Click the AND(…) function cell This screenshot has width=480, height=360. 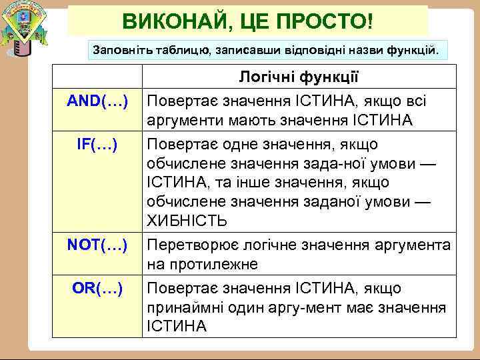(x=98, y=101)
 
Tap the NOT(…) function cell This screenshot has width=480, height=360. (x=98, y=245)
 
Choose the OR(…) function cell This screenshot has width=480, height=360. (x=98, y=289)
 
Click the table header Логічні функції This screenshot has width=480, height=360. (x=299, y=79)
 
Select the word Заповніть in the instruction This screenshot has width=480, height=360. (x=117, y=49)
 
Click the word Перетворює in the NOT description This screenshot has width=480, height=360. (x=192, y=245)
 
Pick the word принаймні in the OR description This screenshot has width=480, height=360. (x=180, y=308)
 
